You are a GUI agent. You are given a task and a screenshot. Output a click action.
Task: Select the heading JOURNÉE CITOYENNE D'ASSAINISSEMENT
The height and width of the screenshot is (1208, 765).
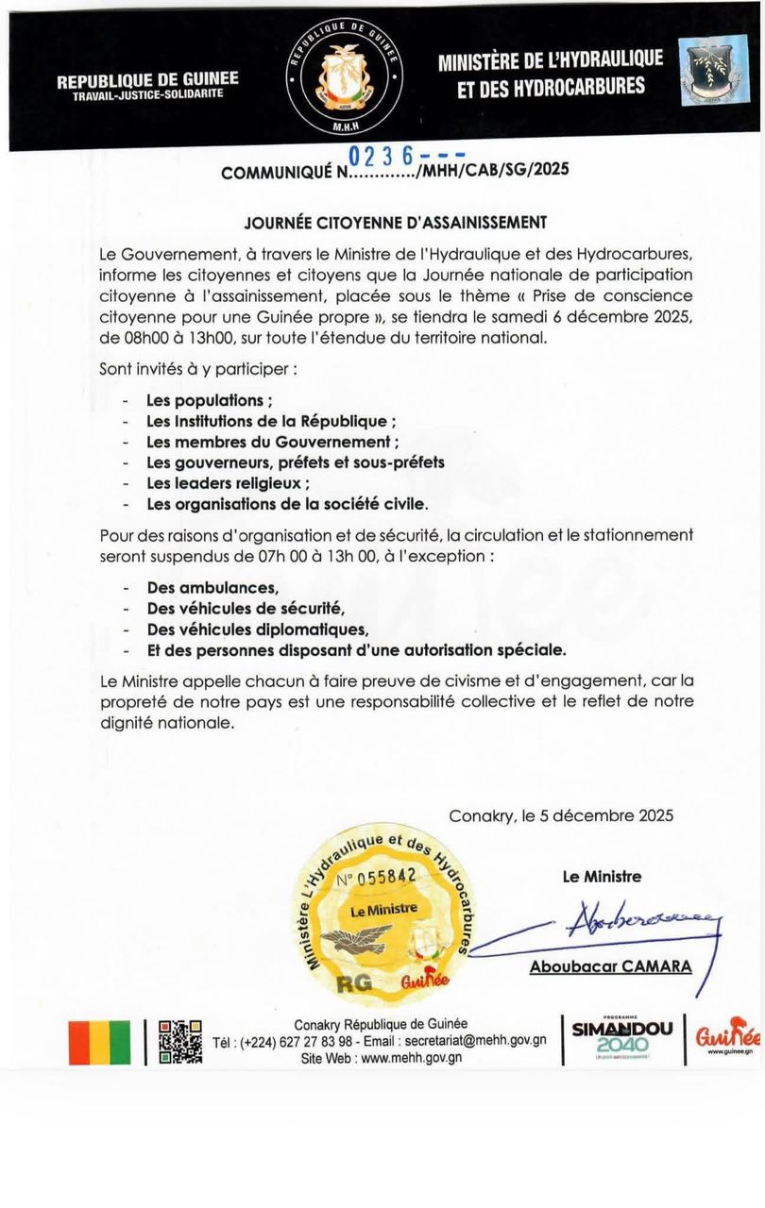[396, 223]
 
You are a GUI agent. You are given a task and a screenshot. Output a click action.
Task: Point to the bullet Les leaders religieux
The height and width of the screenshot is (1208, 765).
[222, 483]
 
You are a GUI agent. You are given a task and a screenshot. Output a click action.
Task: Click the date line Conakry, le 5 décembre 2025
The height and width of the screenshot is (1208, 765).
[561, 816]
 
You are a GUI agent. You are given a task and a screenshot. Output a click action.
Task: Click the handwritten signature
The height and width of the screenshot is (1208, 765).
[642, 924]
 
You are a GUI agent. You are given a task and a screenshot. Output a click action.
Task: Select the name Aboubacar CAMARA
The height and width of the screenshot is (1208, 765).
[610, 966]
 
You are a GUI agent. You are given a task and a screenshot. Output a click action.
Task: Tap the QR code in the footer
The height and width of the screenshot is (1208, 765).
[180, 1041]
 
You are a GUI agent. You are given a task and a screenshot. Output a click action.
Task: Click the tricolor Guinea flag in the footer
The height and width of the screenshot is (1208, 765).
[99, 1042]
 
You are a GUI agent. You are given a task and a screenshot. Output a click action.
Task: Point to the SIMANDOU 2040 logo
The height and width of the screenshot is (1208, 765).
[622, 1038]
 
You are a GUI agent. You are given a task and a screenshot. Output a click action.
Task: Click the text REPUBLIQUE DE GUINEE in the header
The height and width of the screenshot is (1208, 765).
[147, 80]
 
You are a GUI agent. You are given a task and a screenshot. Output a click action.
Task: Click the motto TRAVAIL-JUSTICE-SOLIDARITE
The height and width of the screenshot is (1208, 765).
[147, 96]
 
